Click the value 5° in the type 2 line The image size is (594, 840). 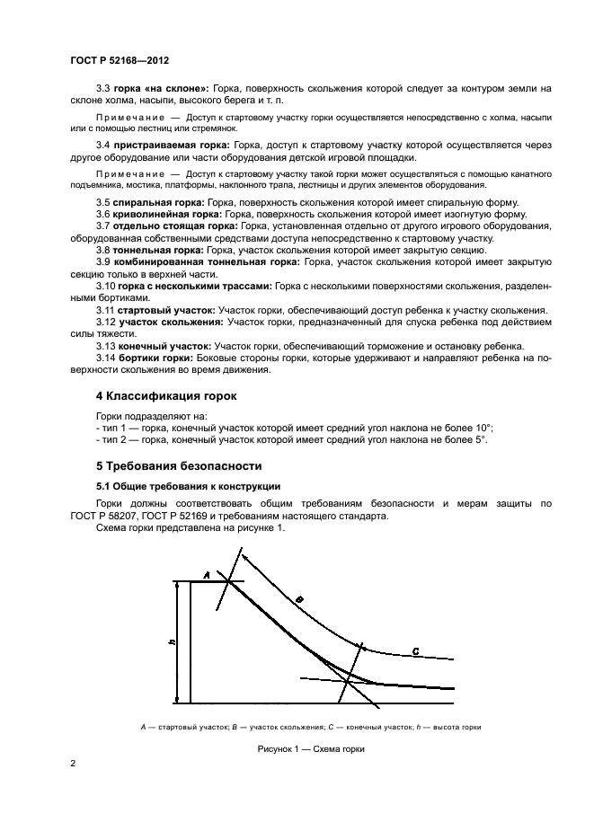[480, 440]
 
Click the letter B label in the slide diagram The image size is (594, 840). [300, 598]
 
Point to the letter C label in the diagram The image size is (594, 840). [415, 650]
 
